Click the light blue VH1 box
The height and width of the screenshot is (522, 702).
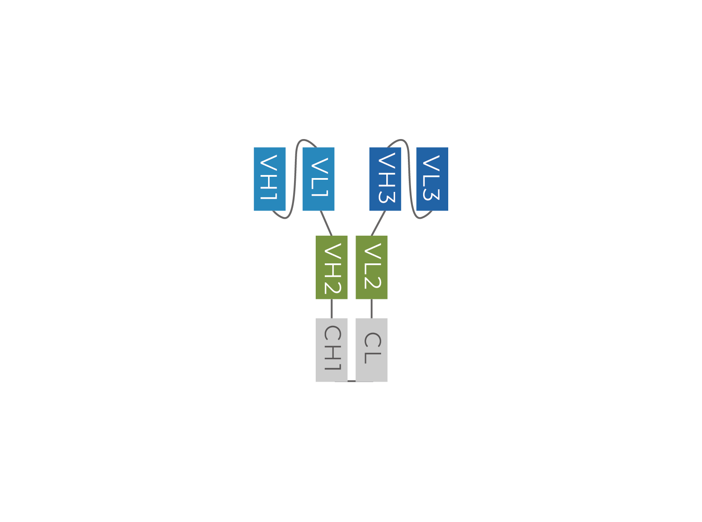pos(270,179)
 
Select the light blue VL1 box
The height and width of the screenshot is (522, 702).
pos(318,179)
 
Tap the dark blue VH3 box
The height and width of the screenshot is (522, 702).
pos(385,179)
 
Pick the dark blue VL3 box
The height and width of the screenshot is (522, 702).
pos(432,179)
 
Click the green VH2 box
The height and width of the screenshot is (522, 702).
pos(331,267)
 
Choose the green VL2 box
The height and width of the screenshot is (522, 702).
pos(372,267)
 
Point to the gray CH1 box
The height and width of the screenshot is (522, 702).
pos(331,350)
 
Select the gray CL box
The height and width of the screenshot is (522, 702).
pos(372,350)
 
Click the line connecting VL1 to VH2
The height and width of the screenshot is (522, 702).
pos(326,223)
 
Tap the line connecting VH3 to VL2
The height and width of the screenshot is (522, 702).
pos(378,223)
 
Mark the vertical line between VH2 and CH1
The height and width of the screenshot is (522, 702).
pos(331,309)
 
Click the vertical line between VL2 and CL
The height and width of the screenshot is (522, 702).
pos(372,309)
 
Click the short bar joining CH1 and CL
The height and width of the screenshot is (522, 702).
pos(352,381)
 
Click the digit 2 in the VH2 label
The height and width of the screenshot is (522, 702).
pos(333,288)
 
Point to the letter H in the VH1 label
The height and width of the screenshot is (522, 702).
pos(269,182)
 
